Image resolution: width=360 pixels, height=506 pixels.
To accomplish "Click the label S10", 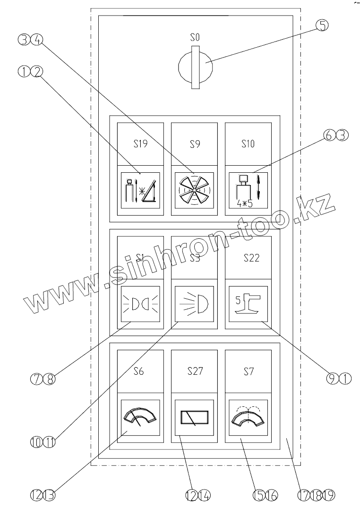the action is [248, 144].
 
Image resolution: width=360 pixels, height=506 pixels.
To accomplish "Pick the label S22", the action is [248, 258].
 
